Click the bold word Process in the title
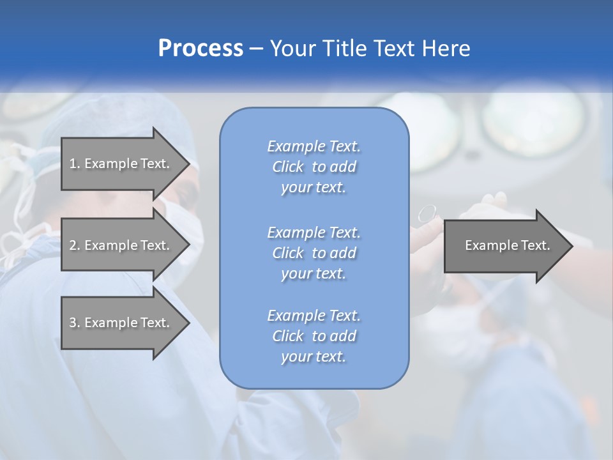pos(201,49)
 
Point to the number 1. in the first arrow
pos(75,164)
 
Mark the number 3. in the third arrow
pos(75,323)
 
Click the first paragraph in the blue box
pos(314,167)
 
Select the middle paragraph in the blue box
pos(314,253)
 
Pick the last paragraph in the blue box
pos(314,336)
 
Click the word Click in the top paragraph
pos(287,167)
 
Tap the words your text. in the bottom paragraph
pos(314,357)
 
